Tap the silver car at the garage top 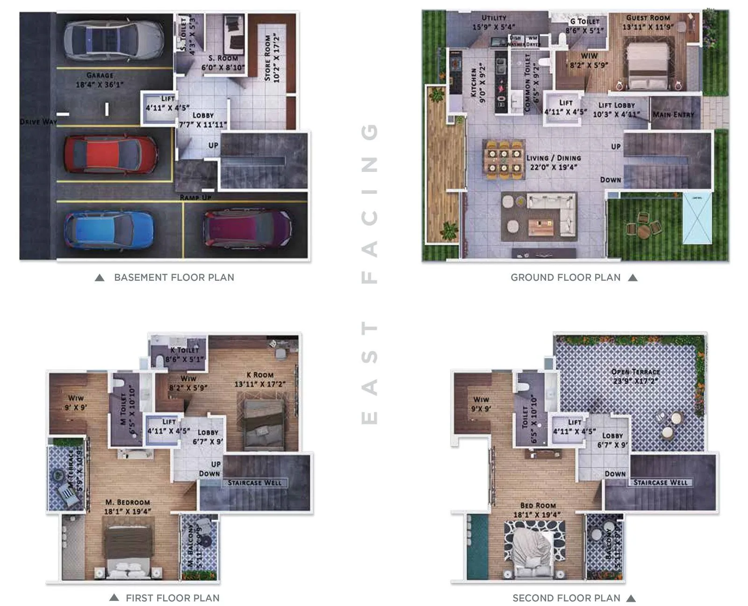(x=114, y=40)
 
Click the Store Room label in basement (x=272, y=57)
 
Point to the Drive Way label (x=38, y=121)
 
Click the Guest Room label (x=648, y=18)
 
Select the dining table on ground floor (x=503, y=159)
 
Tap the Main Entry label (x=673, y=114)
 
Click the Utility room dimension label (x=494, y=27)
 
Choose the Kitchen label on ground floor (x=473, y=83)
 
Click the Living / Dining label (x=554, y=158)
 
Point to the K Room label (x=260, y=375)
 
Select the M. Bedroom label (x=128, y=502)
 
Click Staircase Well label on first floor (x=255, y=483)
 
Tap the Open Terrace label (x=635, y=372)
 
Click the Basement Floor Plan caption (x=174, y=278)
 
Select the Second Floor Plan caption (x=566, y=598)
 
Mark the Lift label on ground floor (x=566, y=103)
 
